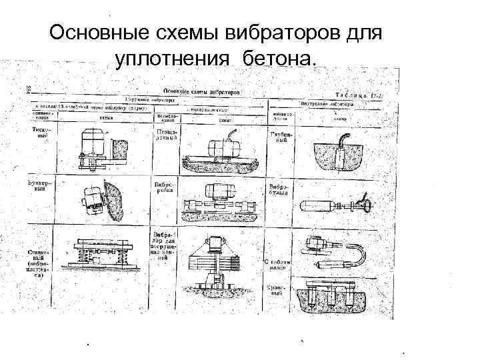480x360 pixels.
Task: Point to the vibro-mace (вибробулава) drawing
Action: tap(333, 203)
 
